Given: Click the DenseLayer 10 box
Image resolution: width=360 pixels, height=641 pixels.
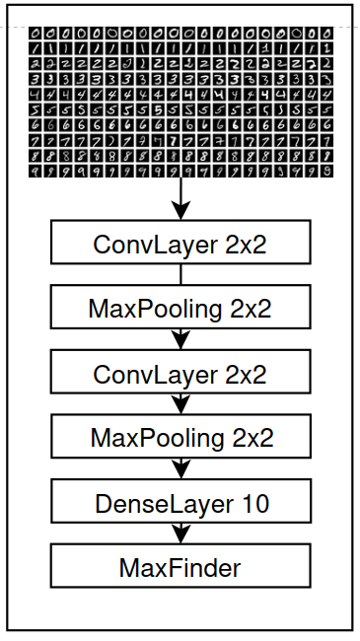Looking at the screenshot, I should pos(180,503).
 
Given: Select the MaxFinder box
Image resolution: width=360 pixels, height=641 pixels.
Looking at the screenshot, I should pos(180,567).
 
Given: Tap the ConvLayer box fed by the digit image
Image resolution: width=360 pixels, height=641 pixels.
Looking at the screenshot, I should pos(180,244).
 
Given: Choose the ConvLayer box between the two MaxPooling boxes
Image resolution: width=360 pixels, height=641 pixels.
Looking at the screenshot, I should pos(180,374).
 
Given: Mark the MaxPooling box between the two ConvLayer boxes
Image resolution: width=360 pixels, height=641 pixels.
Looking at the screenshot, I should pos(180,309).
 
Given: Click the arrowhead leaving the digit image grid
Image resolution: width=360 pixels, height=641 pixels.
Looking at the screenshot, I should pos(180,209).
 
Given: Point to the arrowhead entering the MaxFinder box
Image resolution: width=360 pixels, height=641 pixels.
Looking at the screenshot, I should pos(180,535).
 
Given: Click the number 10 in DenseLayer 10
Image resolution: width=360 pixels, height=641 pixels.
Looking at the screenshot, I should pos(253,504).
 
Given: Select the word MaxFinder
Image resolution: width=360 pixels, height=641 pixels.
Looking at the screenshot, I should pos(180,568).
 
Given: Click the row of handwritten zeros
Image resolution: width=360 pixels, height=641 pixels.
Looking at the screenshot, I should pos(180,32).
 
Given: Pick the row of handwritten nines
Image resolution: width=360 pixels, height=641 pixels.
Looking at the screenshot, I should pos(180,171).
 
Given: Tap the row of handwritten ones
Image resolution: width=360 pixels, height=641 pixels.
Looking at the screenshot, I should pos(180,47).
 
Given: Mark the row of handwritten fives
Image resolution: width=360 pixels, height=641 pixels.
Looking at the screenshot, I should pos(180,108).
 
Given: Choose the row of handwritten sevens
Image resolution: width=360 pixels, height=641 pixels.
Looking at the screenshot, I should pos(180,140).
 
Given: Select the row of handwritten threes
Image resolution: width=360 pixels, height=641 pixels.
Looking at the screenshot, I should pos(180,78).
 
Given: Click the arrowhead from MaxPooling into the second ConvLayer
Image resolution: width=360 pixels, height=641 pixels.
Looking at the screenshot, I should pos(180,341).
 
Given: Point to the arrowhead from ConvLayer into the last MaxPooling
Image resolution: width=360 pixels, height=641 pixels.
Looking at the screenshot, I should pos(180,405).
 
